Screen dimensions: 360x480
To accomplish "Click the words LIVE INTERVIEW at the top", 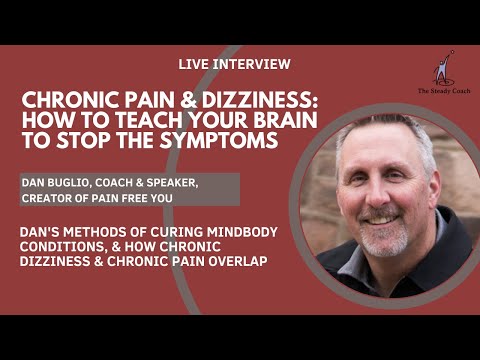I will click(x=234, y=64).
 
